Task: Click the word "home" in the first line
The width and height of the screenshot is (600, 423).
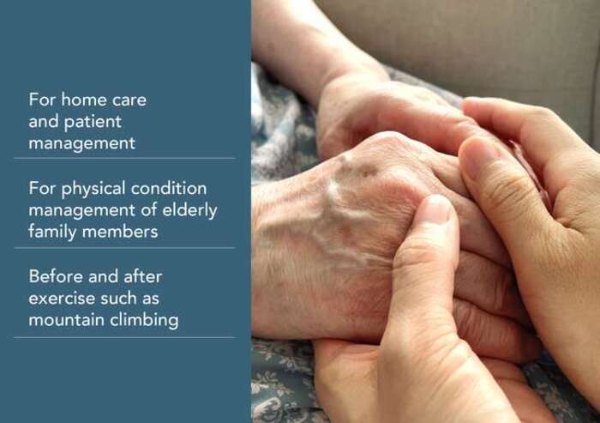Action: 83,100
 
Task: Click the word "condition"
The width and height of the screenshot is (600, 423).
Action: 169,188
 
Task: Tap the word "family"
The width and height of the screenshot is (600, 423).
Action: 52,233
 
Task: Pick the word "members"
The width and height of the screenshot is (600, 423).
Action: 120,232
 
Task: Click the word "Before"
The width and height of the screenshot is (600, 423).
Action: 55,276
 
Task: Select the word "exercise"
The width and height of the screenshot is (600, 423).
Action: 61,299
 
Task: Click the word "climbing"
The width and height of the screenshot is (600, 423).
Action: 144,321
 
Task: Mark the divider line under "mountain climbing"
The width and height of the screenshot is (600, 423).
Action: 124,337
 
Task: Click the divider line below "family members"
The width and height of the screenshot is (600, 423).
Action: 124,248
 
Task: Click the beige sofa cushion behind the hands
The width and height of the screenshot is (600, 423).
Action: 478,42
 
